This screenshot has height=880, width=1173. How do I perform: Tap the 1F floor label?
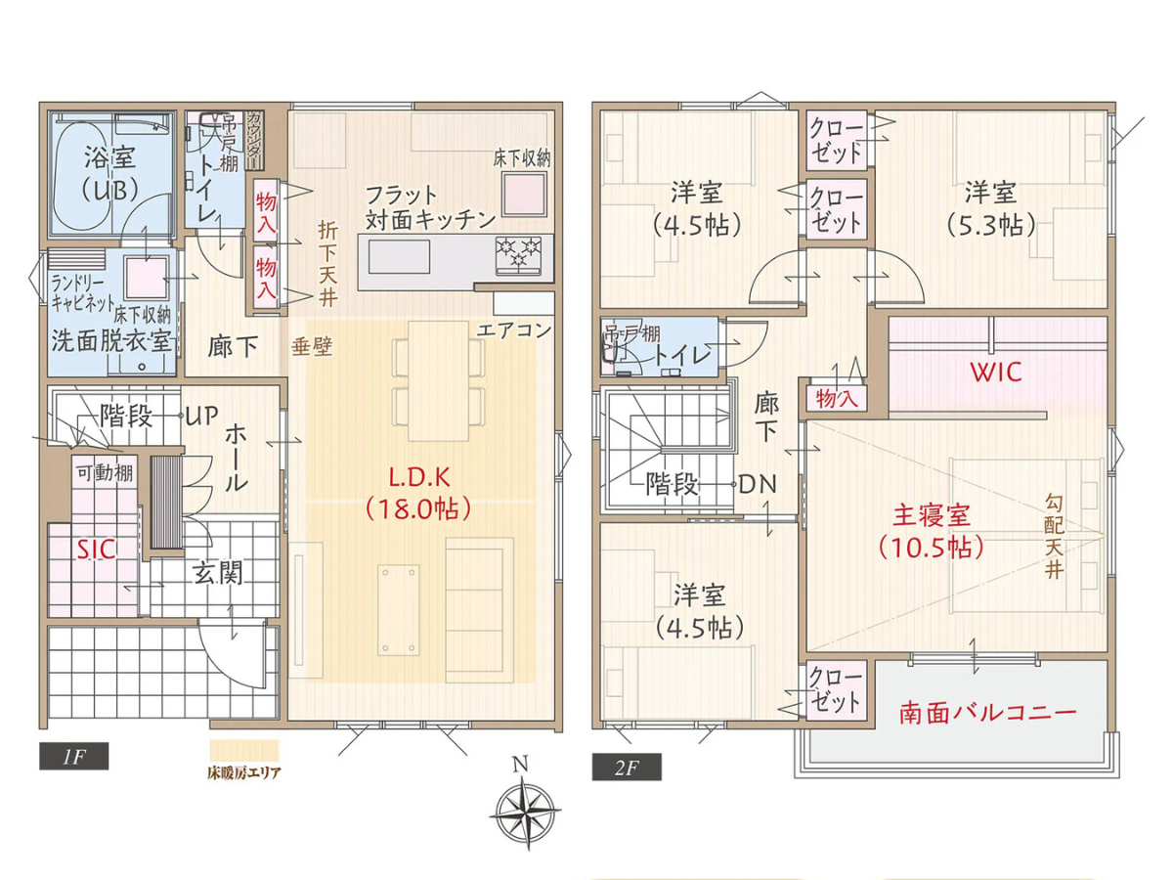coord(73,755)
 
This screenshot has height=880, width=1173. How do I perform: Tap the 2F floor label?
coord(626,766)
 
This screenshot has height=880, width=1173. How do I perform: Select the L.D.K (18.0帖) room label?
coord(418,495)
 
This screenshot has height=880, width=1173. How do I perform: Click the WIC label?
coord(995,373)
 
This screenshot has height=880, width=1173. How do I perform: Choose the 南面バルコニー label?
coord(987,712)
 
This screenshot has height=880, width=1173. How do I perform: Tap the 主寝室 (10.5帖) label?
coord(930,529)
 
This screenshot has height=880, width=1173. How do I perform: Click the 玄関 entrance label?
coord(217,572)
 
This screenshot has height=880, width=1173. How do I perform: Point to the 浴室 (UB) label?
coord(109,172)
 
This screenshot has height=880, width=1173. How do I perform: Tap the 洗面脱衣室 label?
coord(110,341)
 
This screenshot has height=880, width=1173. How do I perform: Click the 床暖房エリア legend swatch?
coord(243,750)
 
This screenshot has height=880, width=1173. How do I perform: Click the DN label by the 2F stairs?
coord(758,483)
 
